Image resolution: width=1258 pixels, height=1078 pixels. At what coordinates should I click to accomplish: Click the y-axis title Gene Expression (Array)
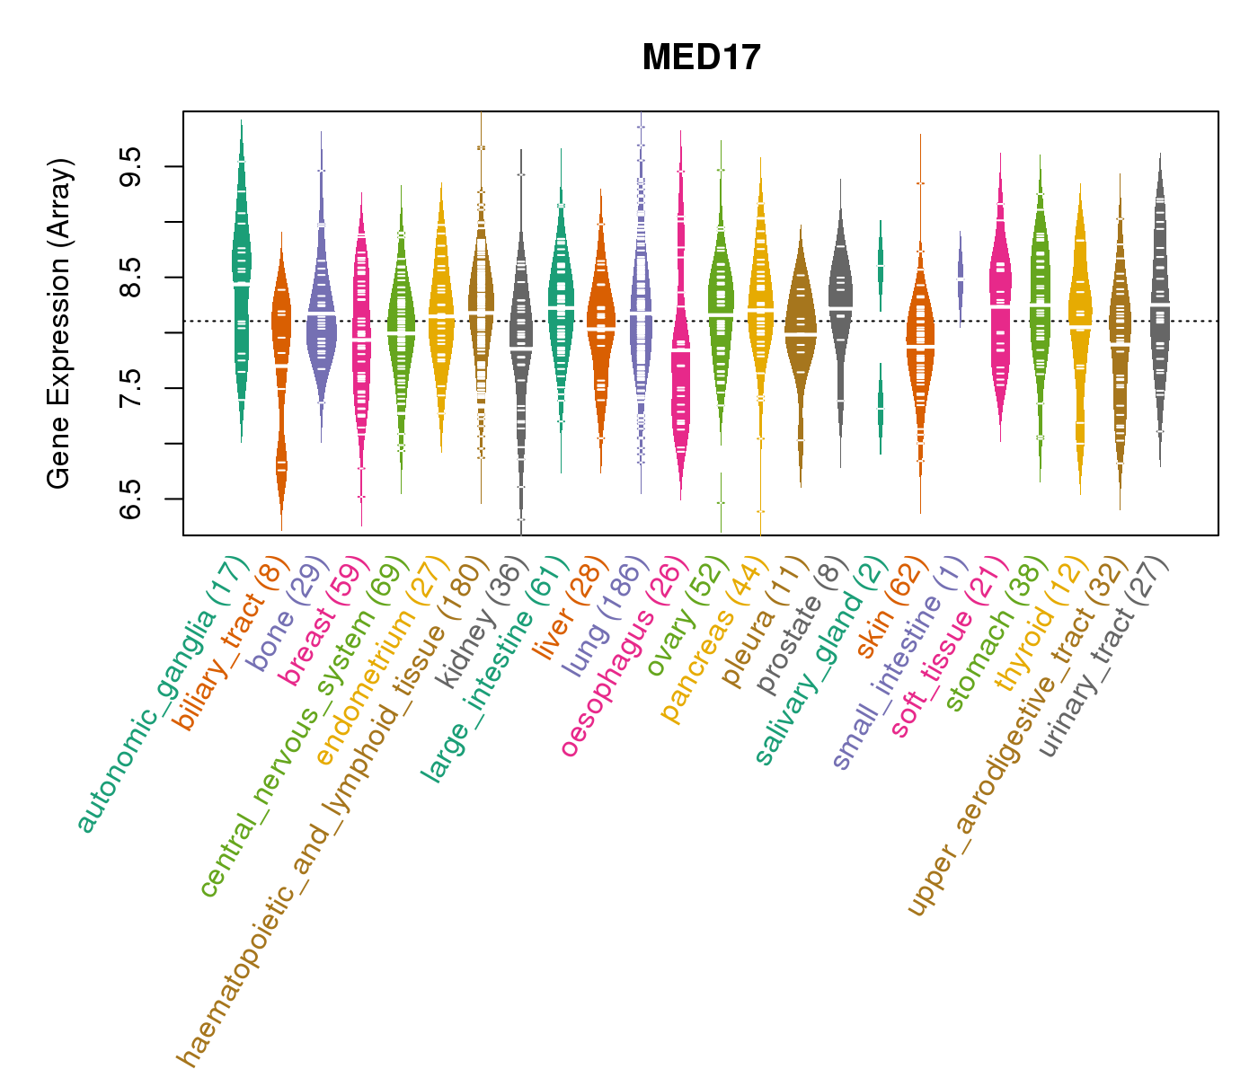point(59,323)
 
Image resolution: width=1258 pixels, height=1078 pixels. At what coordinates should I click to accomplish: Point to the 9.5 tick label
point(131,166)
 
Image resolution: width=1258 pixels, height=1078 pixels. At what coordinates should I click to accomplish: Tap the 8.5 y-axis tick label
point(131,277)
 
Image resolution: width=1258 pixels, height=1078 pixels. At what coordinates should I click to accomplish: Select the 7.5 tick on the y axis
point(131,387)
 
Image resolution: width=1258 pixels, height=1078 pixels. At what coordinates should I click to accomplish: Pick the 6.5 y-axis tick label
point(131,498)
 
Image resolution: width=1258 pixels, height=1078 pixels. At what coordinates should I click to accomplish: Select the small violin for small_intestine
point(960,278)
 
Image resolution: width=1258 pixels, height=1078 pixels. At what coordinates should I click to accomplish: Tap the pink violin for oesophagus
point(681,359)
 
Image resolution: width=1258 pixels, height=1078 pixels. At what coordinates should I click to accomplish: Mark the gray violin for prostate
point(840,305)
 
